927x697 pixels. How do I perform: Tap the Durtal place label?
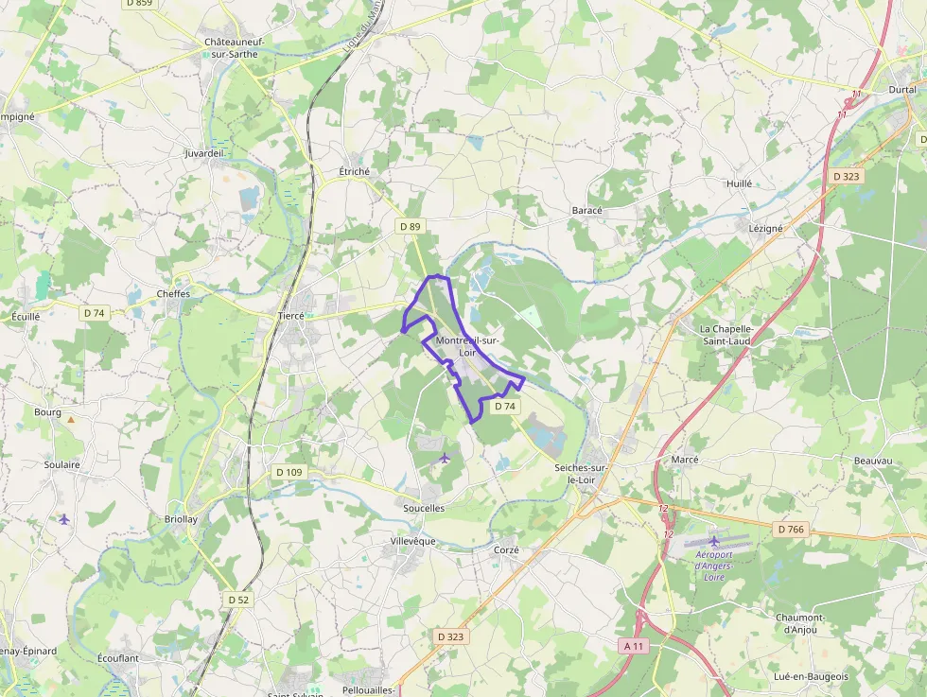pos(901,89)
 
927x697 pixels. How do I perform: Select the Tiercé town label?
pos(290,316)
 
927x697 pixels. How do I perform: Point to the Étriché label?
pos(354,171)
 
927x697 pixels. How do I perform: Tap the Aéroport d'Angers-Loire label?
pos(714,566)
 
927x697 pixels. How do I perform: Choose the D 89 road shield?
pos(410,227)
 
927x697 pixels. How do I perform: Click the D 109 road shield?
pos(289,471)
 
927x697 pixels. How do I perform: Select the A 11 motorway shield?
pos(634,645)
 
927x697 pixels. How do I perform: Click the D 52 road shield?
pos(238,600)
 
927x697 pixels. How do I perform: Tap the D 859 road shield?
pos(138,4)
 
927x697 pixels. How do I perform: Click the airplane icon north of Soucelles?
pos(445,458)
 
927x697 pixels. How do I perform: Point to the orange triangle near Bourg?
pos(70,418)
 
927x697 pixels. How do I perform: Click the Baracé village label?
pos(587,210)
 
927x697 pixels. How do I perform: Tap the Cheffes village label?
pos(173,293)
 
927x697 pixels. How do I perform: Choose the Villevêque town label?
pos(413,541)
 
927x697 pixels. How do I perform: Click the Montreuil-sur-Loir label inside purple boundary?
pos(467,346)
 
